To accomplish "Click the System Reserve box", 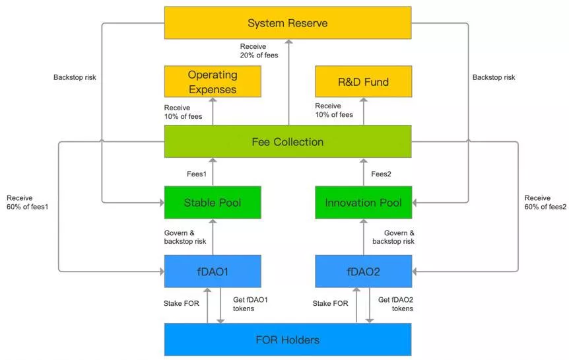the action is coord(288,22).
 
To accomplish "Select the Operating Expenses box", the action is coord(213,81).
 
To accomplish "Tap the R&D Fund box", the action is coord(363,81).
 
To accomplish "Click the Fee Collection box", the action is coord(288,141).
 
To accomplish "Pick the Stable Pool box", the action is coord(213,202).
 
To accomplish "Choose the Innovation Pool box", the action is coord(363,202).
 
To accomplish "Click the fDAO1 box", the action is coord(213,271).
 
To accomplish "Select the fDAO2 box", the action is coord(363,271).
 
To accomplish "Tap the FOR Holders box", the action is coord(288,340).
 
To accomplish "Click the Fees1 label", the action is coord(197,174).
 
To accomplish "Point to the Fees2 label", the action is coord(381,174).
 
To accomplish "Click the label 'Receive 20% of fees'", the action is coord(259,51).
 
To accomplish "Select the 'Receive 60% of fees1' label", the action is coord(27,202).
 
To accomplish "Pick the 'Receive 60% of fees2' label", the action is coord(545,202).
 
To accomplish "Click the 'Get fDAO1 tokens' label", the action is coord(250,304).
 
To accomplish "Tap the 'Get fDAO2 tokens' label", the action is coord(395,304).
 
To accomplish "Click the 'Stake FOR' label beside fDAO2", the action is coord(330,303).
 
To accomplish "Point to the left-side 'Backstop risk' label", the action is coord(75,77).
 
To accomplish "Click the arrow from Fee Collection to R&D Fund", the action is coord(364,111).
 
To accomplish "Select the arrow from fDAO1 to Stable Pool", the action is coord(213,237).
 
